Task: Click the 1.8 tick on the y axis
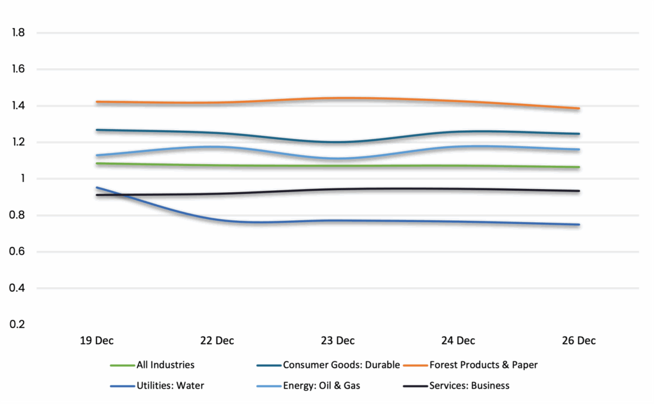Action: point(18,32)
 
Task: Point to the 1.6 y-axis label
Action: point(18,69)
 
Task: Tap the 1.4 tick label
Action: point(18,105)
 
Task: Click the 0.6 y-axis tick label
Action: point(18,251)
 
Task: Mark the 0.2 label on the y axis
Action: point(18,324)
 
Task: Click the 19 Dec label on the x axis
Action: point(96,341)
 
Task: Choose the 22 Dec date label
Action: point(217,341)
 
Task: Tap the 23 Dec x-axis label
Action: point(337,341)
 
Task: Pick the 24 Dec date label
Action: point(458,341)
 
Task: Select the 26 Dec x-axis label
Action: point(579,341)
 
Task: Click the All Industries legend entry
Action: point(165,365)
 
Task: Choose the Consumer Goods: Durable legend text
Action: point(341,365)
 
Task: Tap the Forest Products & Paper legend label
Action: point(483,365)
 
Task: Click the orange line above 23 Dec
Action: point(337,98)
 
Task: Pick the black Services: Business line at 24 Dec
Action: point(458,189)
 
